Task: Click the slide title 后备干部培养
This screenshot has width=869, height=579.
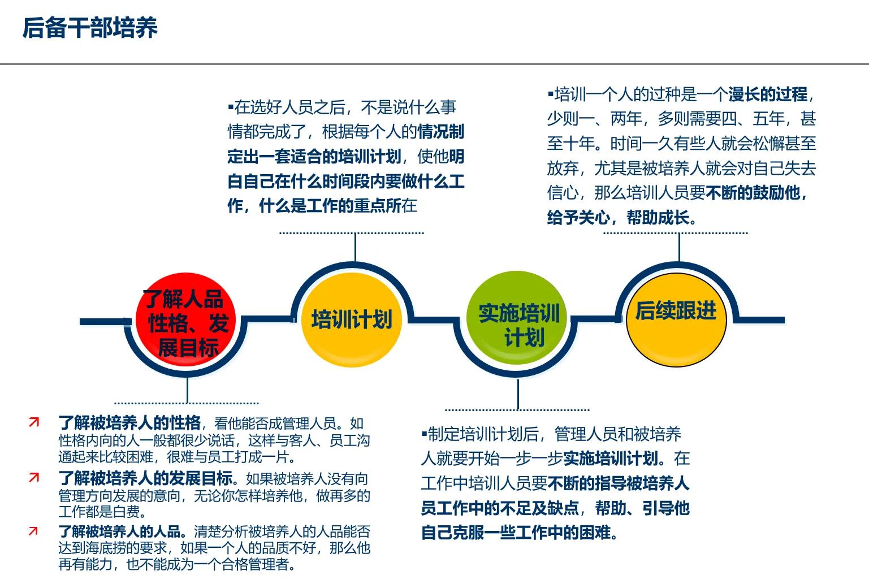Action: tap(89, 28)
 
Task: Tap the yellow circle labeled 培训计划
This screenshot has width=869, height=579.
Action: tap(351, 319)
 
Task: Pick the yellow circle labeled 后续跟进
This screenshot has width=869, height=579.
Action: tap(676, 317)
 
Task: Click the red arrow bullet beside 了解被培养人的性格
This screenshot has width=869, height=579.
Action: tap(34, 422)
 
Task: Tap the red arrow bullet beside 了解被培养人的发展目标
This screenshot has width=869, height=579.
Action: tap(34, 478)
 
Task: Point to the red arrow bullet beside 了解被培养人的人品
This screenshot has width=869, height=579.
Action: tap(34, 531)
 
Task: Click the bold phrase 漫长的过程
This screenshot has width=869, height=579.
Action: tap(767, 94)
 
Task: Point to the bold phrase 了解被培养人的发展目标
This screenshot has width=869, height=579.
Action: tap(145, 478)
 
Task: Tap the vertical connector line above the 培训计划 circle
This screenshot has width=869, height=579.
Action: tap(355, 247)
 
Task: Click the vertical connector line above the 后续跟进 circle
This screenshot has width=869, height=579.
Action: tap(679, 247)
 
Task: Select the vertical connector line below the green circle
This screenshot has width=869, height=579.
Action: tap(518, 394)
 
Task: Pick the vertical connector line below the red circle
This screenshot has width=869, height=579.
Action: tap(187, 390)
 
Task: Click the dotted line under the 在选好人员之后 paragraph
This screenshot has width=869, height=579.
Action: tap(351, 232)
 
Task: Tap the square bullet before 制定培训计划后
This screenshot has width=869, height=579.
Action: tap(423, 434)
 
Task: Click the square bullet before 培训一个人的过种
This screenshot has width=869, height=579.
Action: tap(550, 94)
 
